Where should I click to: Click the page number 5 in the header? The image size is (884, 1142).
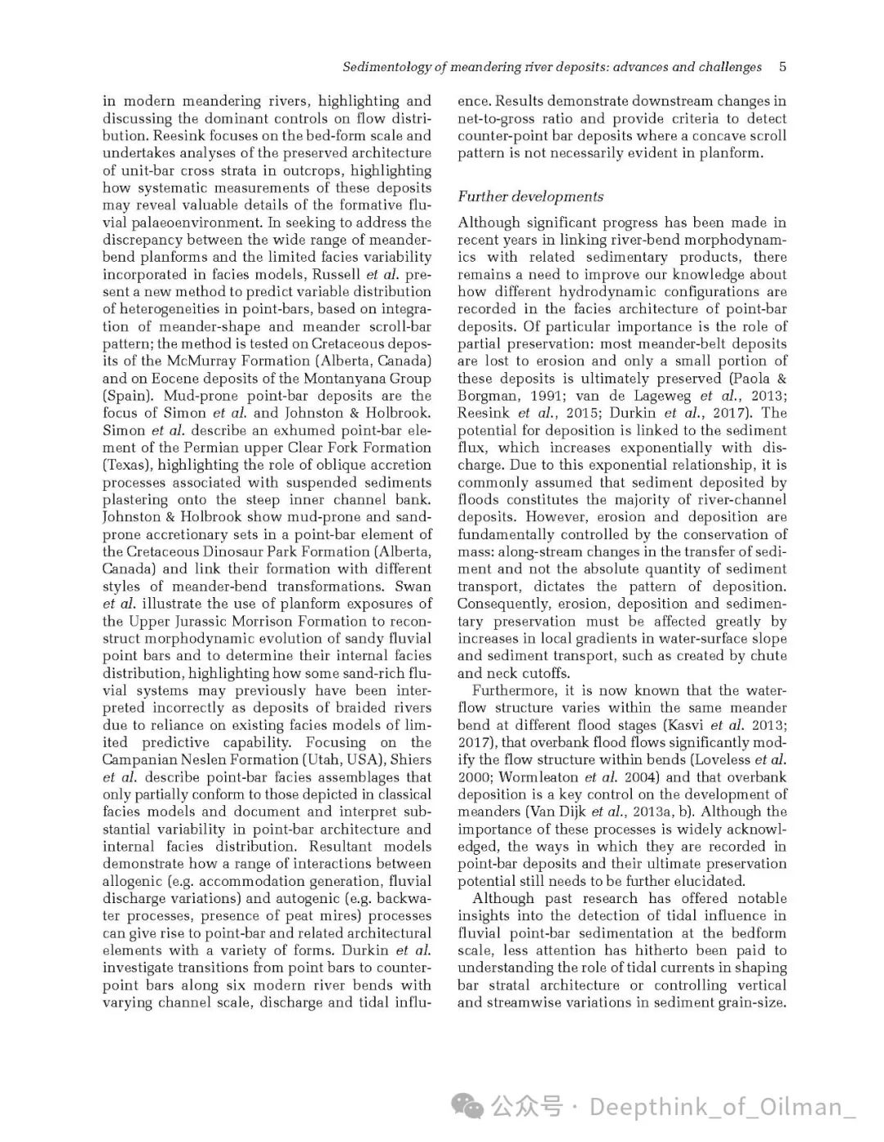(783, 67)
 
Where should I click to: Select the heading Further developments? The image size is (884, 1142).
(530, 196)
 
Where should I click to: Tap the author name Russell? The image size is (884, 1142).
(336, 274)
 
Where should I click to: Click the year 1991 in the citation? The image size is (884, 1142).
(538, 395)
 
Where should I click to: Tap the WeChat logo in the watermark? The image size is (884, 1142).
(473, 1107)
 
